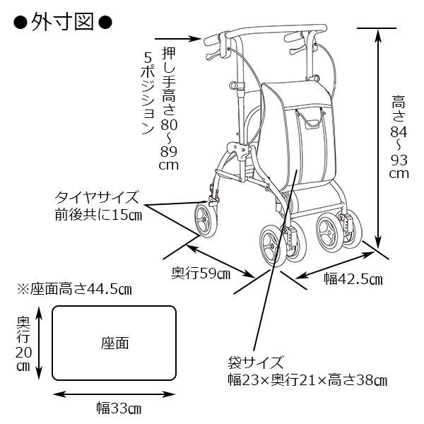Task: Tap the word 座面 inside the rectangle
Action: pyautogui.click(x=114, y=343)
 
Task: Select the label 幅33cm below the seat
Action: pyautogui.click(x=118, y=408)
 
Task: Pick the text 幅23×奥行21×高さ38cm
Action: pyautogui.click(x=307, y=381)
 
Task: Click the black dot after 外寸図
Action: pyautogui.click(x=104, y=21)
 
